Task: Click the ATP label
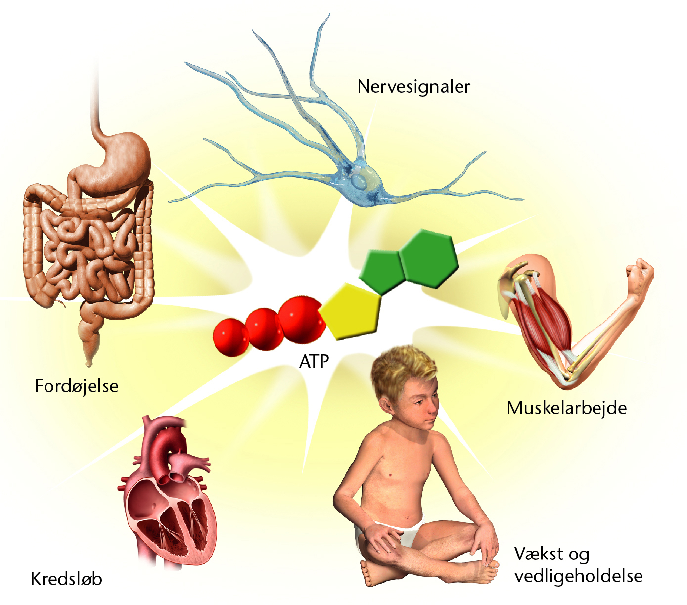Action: point(314,362)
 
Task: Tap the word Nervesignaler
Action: point(413,87)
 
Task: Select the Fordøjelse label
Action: point(77,387)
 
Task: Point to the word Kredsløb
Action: point(66,579)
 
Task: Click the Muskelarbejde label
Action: point(567,408)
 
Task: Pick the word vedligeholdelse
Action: point(578,576)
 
